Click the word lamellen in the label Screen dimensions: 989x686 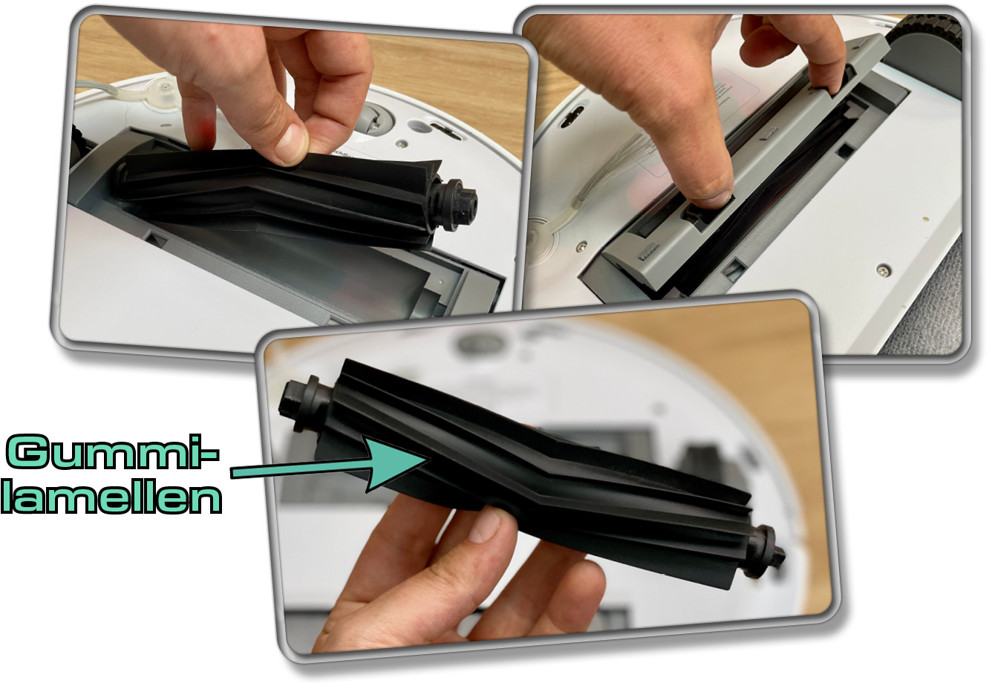tap(111, 498)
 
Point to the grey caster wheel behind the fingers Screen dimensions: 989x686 tap(374, 118)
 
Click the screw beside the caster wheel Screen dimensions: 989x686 tap(401, 143)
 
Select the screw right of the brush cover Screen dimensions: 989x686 tap(883, 270)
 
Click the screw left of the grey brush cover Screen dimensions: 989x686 tap(583, 247)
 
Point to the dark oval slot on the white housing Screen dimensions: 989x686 tap(572, 116)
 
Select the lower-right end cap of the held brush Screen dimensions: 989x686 tap(764, 552)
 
